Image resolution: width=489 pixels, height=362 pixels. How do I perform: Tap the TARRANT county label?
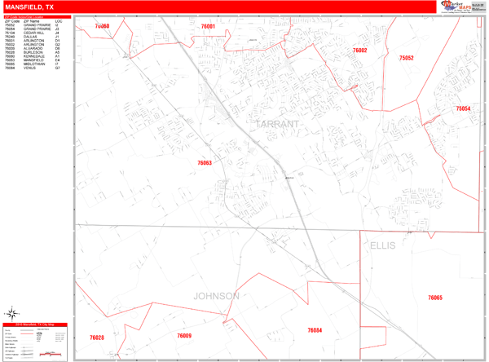[278, 125]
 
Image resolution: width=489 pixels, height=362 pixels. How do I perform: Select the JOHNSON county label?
[216, 296]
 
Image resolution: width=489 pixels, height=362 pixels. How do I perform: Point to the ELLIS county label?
[382, 245]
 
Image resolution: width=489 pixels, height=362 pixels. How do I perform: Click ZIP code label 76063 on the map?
[205, 163]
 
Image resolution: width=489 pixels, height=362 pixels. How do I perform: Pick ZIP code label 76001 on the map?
[208, 27]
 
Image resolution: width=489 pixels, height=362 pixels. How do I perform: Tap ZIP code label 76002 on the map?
[360, 51]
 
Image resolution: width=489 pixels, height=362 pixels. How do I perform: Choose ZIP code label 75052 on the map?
[407, 58]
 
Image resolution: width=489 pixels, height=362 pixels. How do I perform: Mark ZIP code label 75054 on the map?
[463, 108]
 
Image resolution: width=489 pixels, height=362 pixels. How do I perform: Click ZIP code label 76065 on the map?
[435, 298]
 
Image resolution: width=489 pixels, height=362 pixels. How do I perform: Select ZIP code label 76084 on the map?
[315, 330]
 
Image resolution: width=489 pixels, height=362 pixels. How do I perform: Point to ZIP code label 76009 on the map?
[184, 337]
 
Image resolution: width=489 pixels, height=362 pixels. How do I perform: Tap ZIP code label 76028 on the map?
[97, 337]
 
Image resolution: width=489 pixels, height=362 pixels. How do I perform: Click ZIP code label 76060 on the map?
[102, 27]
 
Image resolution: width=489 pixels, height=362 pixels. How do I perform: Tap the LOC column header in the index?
[58, 20]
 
